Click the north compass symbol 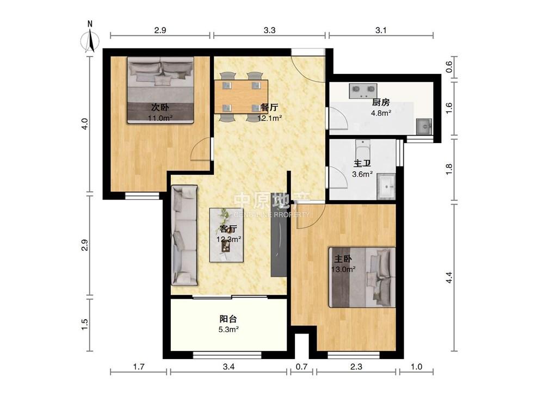[x=90, y=38]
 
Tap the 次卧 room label [x=160, y=107]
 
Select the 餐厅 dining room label [x=269, y=107]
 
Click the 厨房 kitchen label [x=381, y=102]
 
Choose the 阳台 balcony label [x=228, y=318]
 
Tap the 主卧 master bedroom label [x=343, y=259]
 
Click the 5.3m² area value [x=228, y=329]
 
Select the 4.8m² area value [x=381, y=113]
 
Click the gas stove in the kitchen [x=363, y=90]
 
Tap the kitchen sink [x=424, y=126]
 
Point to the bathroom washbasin [x=386, y=186]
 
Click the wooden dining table [x=241, y=97]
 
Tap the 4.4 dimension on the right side [x=449, y=277]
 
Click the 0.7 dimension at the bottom [x=301, y=366]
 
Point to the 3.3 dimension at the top [x=269, y=30]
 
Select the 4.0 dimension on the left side [x=85, y=124]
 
